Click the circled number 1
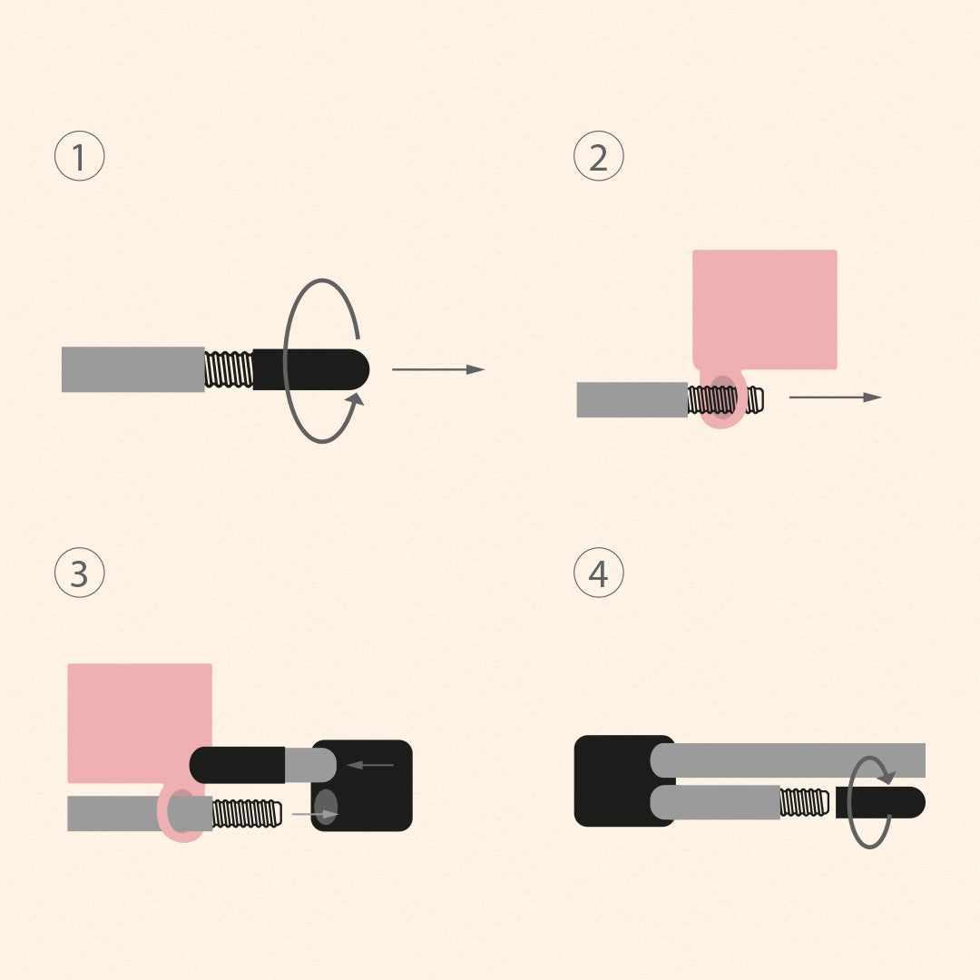pos(80,156)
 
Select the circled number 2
pos(599,156)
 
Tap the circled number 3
pos(80,573)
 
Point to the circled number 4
pos(599,573)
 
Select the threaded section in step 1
pos(229,369)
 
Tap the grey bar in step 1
pos(132,369)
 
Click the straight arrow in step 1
pos(438,369)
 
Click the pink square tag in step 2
pos(765,309)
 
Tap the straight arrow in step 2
pos(835,397)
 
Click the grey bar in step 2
pos(632,400)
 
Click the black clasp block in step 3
pos(372,786)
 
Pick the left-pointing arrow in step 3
pos(370,765)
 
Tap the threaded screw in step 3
pos(247,813)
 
